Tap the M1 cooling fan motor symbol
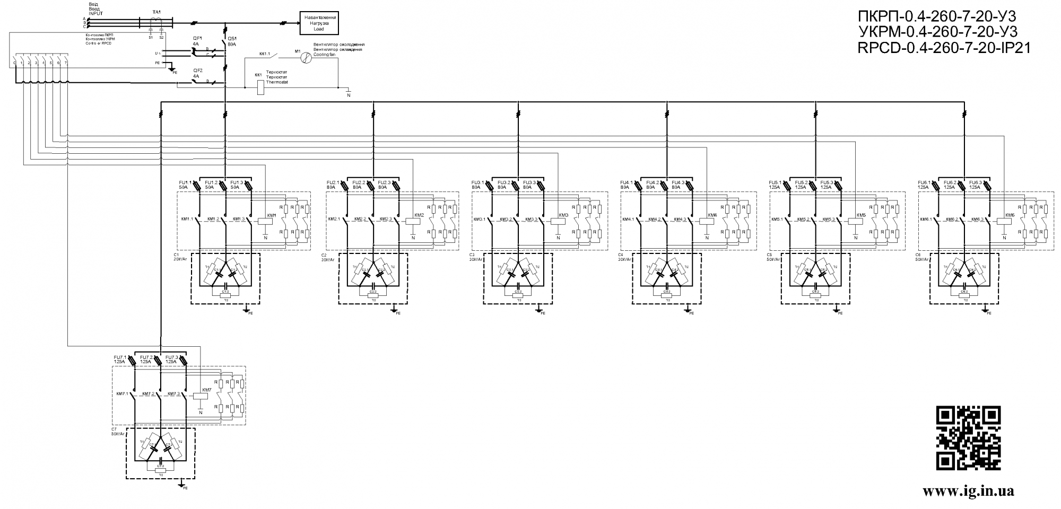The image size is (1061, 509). pos(305,58)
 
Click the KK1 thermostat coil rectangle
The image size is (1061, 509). pos(260,86)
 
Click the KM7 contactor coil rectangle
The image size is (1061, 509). pos(200,395)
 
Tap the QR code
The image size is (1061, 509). pos(968,437)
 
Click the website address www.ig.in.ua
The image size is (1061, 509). pos(968,491)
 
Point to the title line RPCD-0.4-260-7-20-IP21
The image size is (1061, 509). pos(944,48)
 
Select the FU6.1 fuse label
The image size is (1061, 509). pos(924,182)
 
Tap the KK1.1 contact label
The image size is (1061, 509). pos(265,54)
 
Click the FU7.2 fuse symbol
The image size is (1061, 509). pos(159,361)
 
